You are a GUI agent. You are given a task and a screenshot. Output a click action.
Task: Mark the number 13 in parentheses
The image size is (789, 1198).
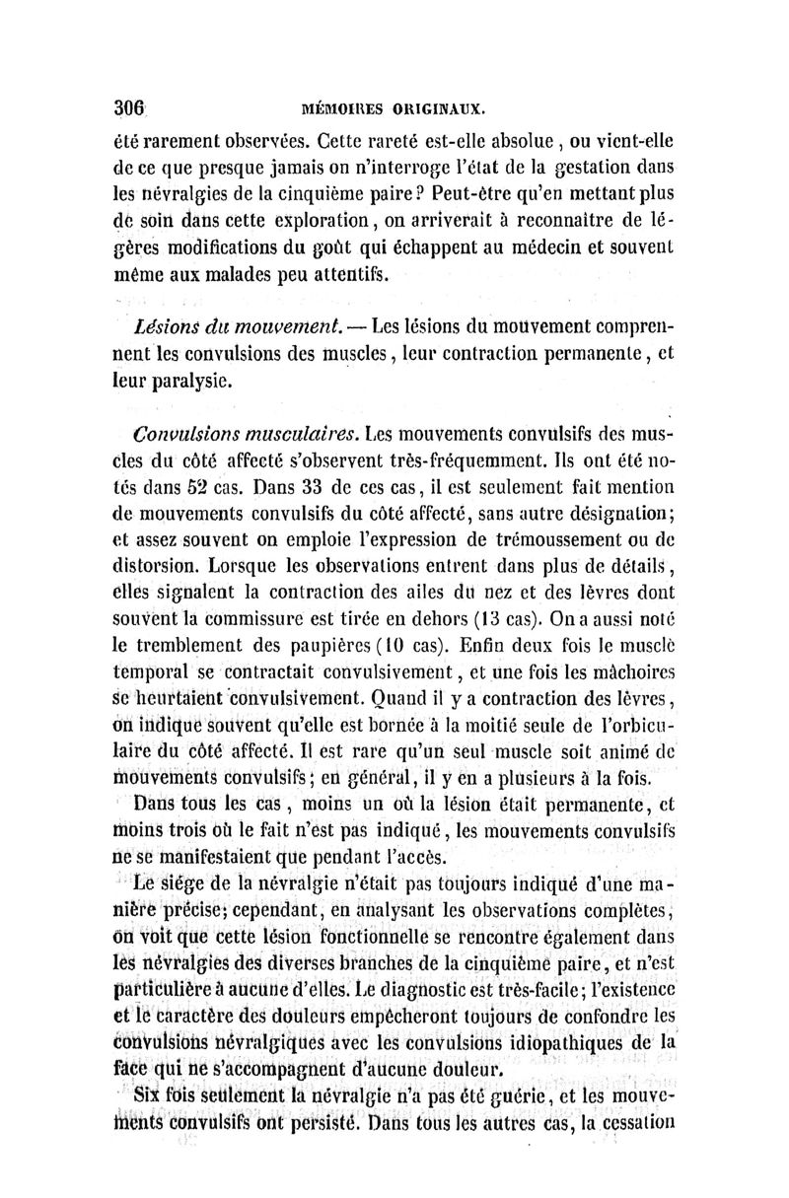tap(495, 618)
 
